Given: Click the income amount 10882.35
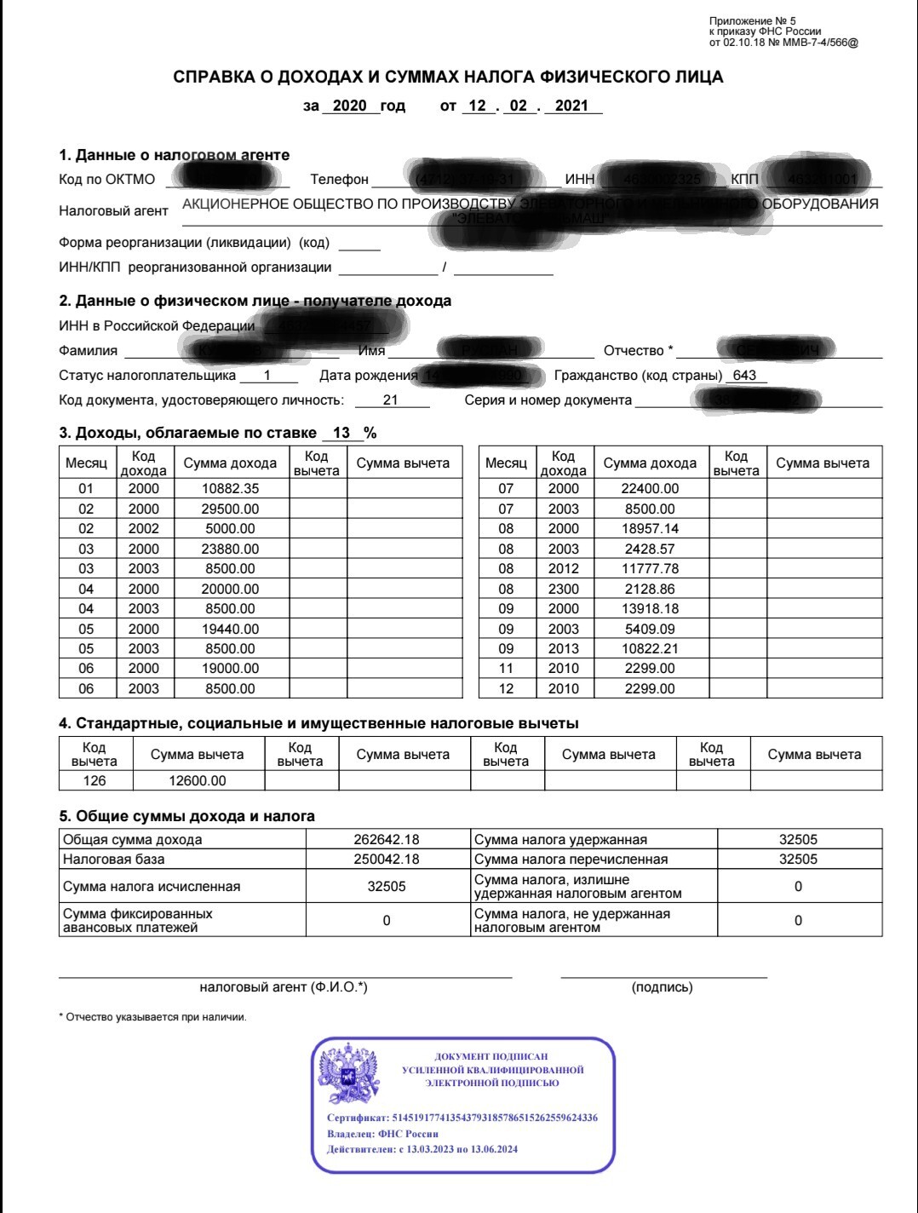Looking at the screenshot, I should pyautogui.click(x=230, y=489).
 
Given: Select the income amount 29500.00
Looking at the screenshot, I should pyautogui.click(x=230, y=509).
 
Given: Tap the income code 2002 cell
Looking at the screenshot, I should pyautogui.click(x=143, y=529).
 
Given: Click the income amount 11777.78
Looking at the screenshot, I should pyautogui.click(x=651, y=569).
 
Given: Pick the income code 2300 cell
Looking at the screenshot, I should pyautogui.click(x=563, y=589).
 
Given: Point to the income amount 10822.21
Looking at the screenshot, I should pyautogui.click(x=651, y=649).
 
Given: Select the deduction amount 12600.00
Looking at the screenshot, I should pyautogui.click(x=198, y=780).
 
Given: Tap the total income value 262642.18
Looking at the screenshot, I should pyautogui.click(x=387, y=839).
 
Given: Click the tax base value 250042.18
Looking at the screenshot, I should pyautogui.click(x=387, y=859).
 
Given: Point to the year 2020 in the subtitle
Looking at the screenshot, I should pyautogui.click(x=349, y=106).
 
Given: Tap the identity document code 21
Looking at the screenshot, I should pyautogui.click(x=391, y=400).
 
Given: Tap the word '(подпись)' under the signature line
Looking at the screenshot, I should pyautogui.click(x=663, y=987).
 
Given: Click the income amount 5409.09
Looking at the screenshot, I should pyautogui.click(x=651, y=629).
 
